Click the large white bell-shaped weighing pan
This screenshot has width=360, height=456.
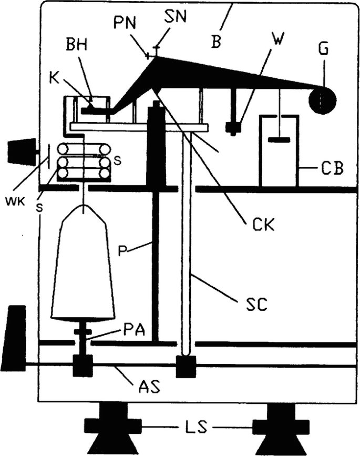83,263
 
